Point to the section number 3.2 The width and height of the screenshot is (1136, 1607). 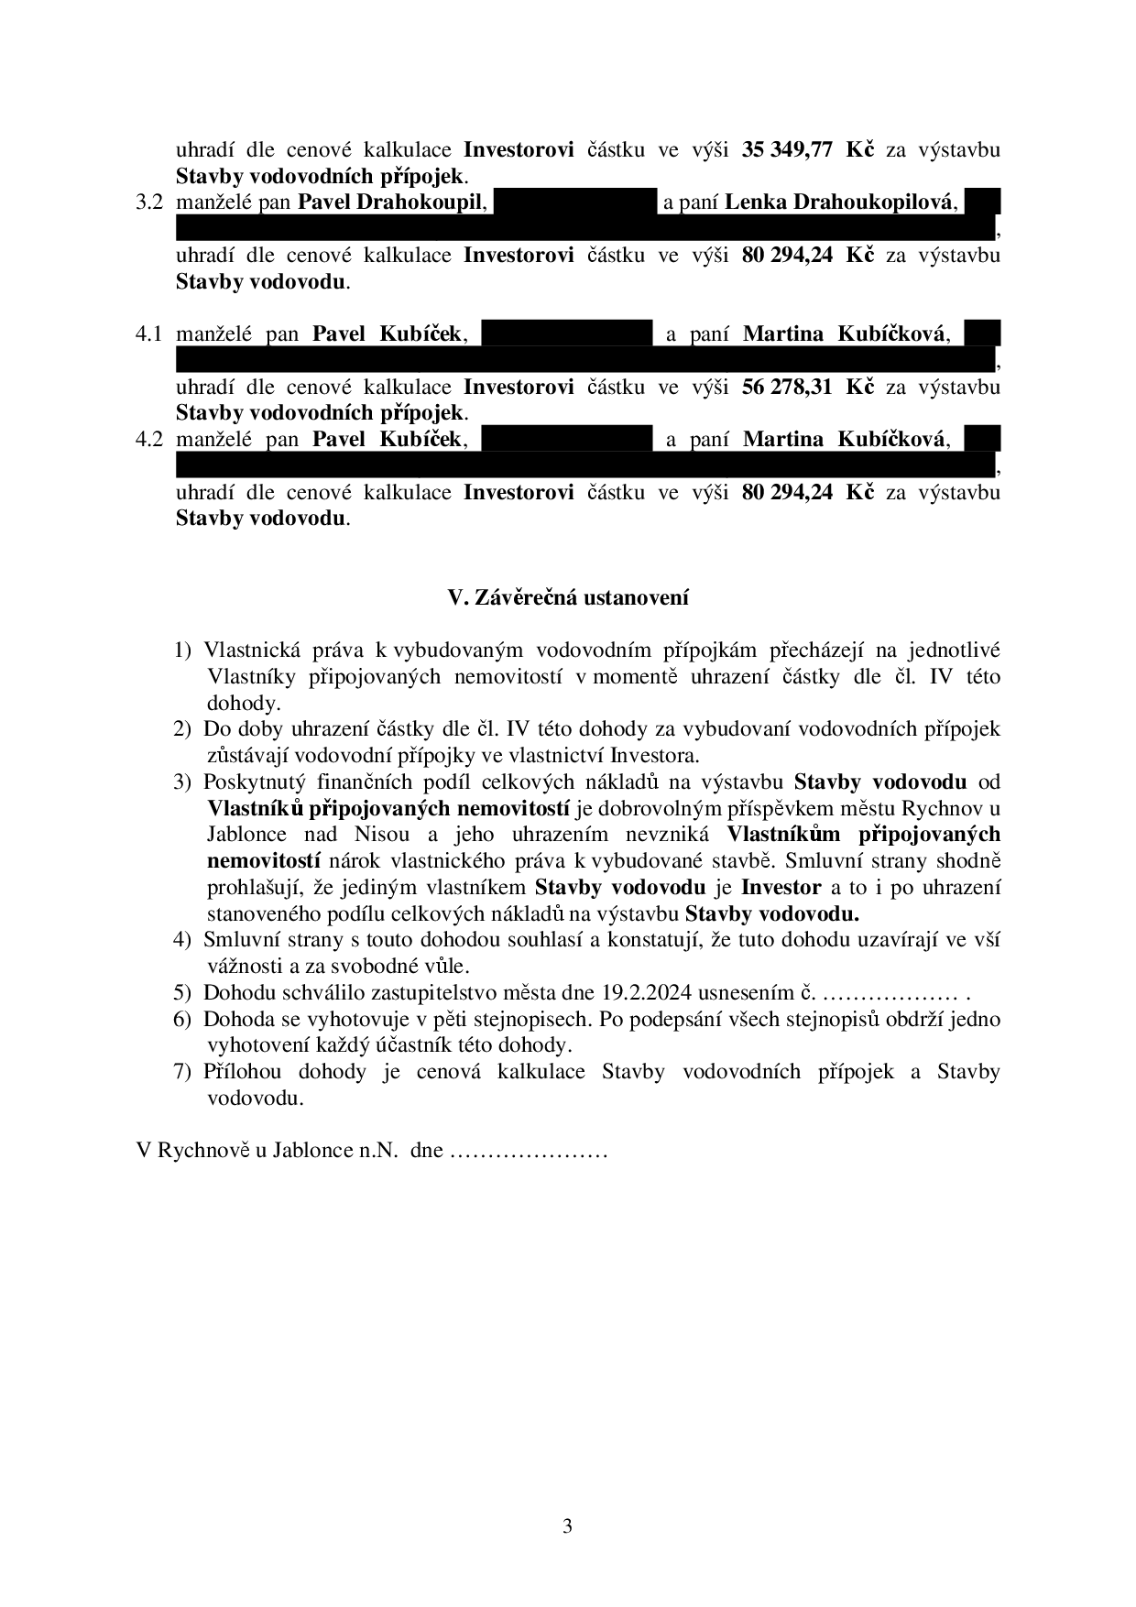coord(148,202)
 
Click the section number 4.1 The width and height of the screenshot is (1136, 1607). coord(148,334)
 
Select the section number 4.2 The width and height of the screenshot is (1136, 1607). coord(148,440)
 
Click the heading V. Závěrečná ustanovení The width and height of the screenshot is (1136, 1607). coord(568,598)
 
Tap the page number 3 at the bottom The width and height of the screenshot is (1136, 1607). coord(568,1525)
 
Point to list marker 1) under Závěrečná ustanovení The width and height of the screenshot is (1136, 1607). coord(183,650)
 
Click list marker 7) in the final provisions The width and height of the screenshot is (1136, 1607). coord(183,1072)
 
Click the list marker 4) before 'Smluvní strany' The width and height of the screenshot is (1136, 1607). coord(183,940)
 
